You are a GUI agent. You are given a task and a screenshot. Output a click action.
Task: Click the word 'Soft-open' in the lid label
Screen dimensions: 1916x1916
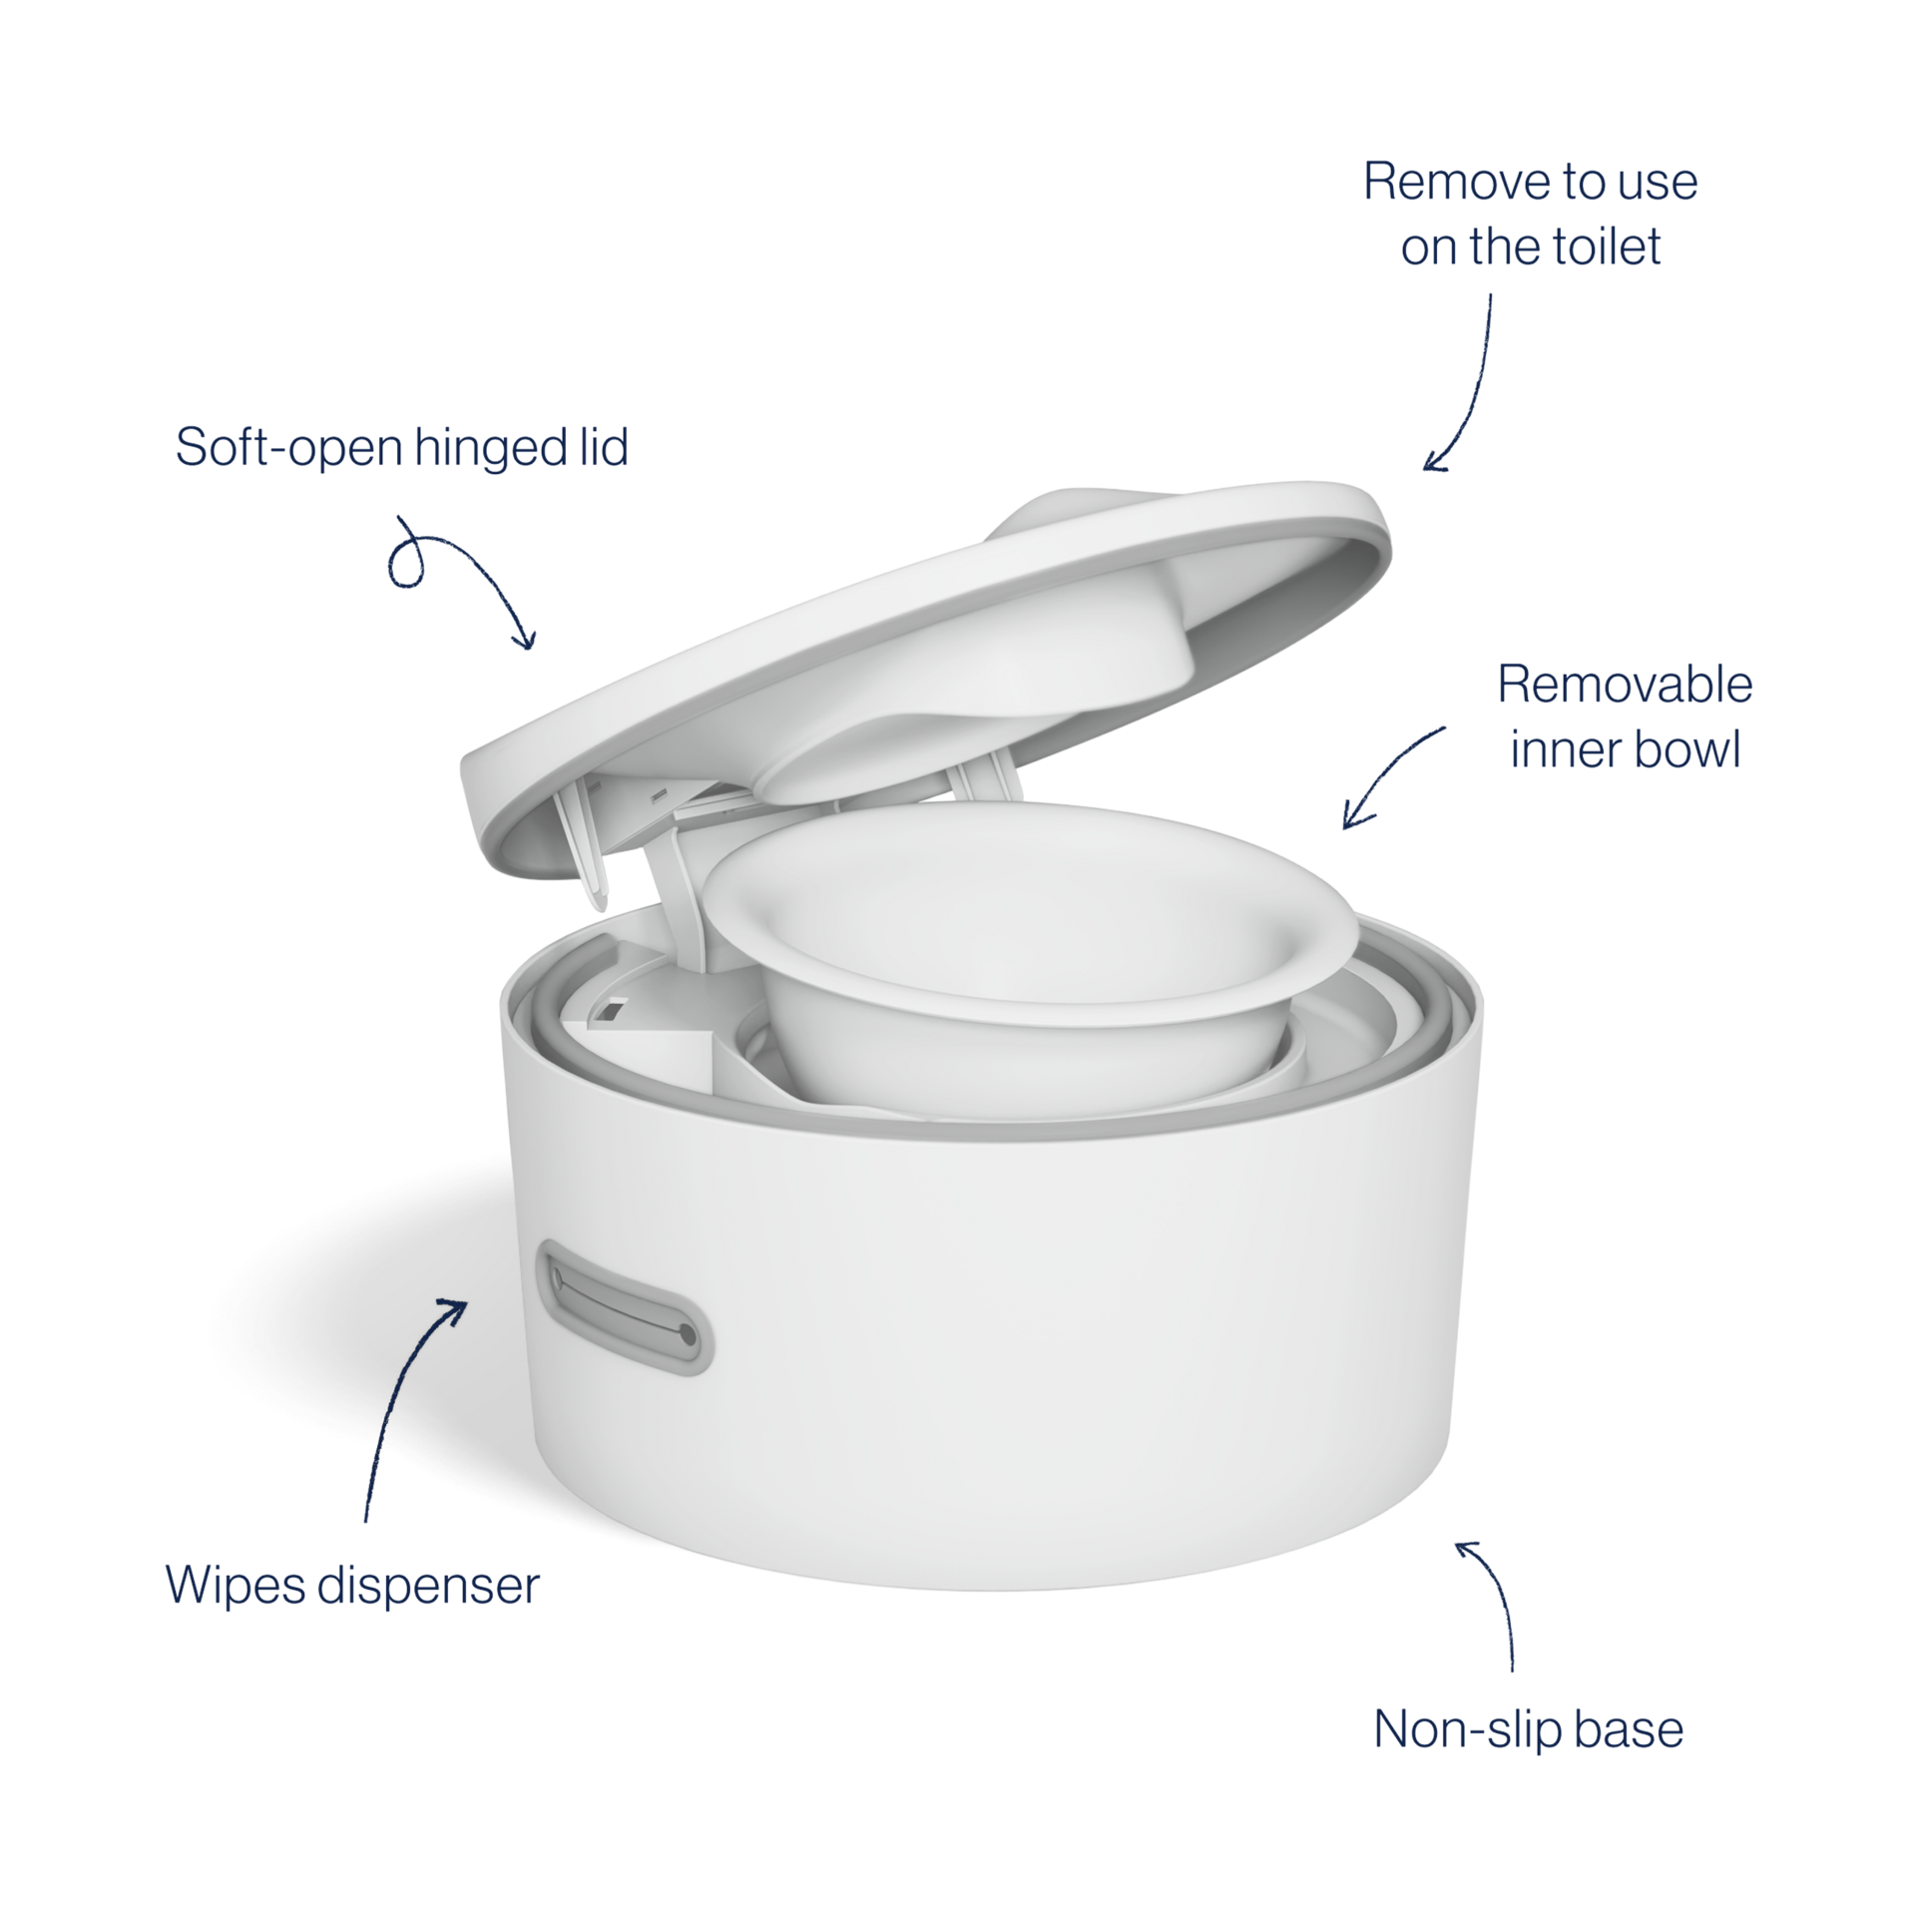[289, 447]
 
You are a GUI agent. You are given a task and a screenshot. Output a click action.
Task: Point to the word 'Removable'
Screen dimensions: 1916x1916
[1625, 685]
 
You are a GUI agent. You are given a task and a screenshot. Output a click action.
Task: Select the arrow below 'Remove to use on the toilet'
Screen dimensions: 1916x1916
[1470, 389]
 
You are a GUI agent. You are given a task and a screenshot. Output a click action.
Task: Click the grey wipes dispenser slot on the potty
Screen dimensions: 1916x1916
[624, 1307]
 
